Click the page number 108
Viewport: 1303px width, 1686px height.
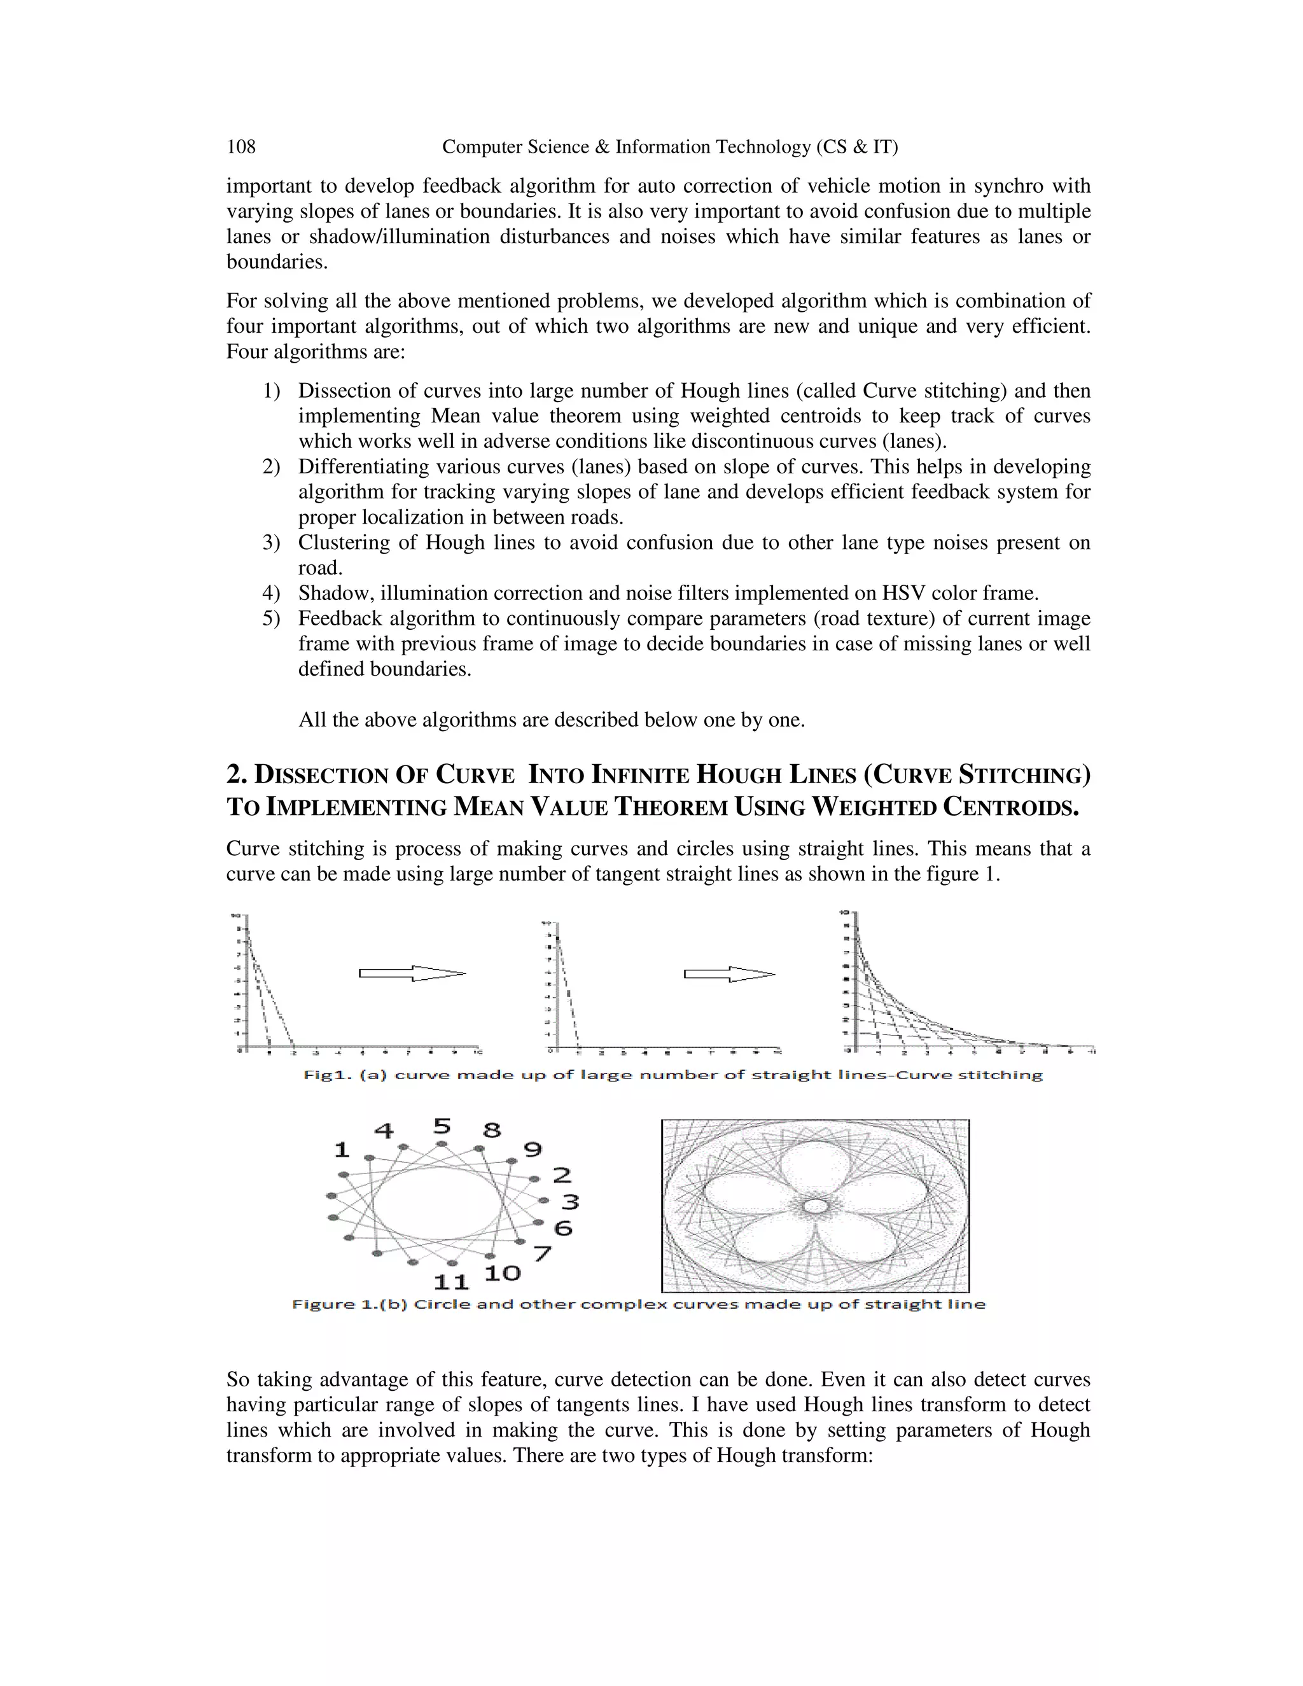pyautogui.click(x=241, y=147)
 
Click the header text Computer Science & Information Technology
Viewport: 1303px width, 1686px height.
pyautogui.click(x=669, y=147)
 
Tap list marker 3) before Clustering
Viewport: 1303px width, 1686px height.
pyautogui.click(x=270, y=543)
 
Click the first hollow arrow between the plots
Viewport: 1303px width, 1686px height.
pyautogui.click(x=412, y=973)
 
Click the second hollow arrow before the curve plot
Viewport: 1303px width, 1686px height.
pyautogui.click(x=730, y=974)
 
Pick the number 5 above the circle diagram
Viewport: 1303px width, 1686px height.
pyautogui.click(x=442, y=1126)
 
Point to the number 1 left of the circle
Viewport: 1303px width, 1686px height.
pyautogui.click(x=341, y=1150)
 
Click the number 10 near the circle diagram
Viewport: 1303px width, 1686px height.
pyautogui.click(x=503, y=1273)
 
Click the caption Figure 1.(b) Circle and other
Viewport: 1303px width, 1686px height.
pyautogui.click(x=638, y=1305)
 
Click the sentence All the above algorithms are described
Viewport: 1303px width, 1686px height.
pyautogui.click(x=551, y=720)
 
